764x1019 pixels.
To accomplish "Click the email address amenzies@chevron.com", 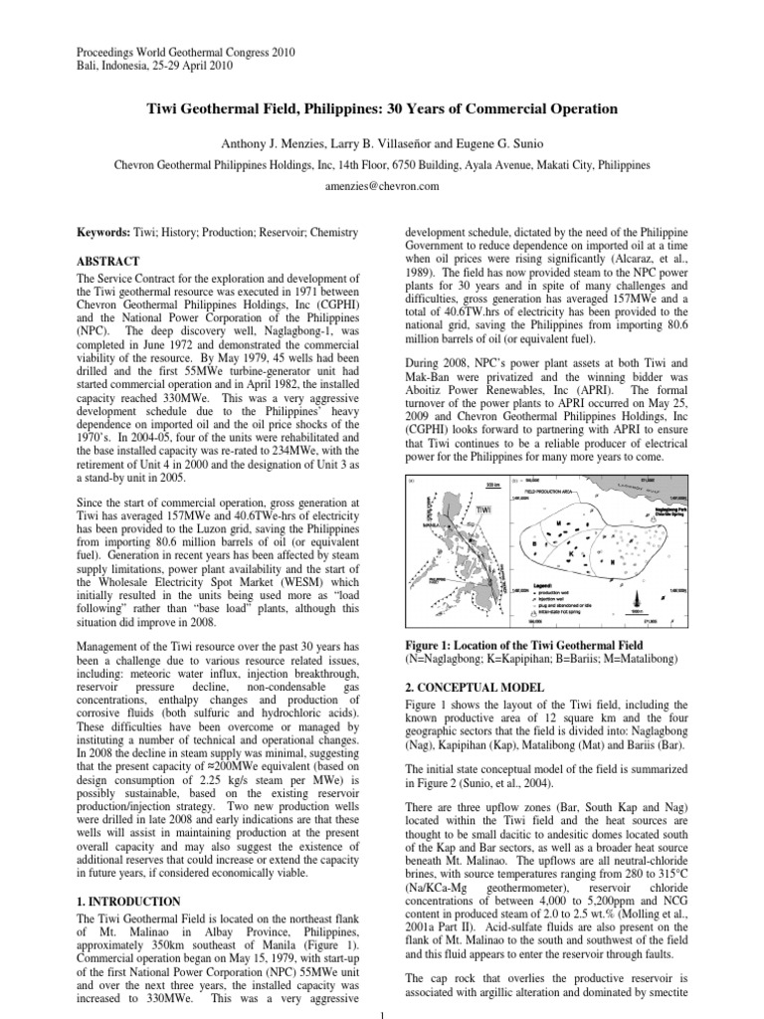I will click(x=381, y=185).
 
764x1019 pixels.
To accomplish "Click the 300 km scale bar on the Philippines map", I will click(x=491, y=487).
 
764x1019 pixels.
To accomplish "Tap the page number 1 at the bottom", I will click(x=382, y=1012).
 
